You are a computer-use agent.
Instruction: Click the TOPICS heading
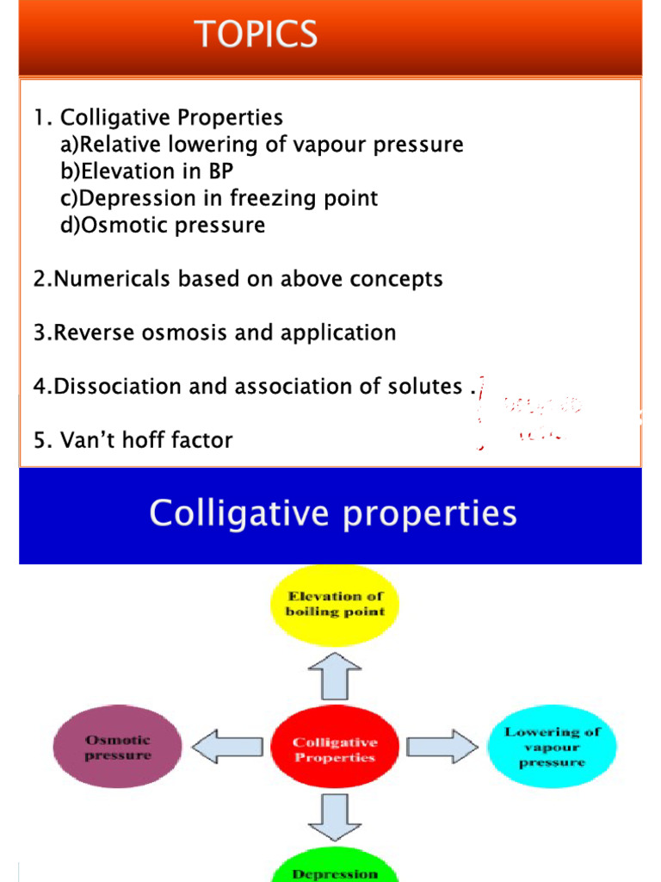[257, 34]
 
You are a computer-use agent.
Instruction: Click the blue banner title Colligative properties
[333, 514]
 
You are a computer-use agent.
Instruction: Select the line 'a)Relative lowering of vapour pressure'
[262, 145]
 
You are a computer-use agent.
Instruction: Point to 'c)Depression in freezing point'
[219, 198]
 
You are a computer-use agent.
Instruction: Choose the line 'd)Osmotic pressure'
[163, 226]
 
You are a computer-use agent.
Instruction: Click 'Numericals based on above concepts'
[238, 279]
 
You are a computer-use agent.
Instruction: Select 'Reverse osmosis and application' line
[215, 332]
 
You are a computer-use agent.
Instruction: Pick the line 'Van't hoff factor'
[133, 440]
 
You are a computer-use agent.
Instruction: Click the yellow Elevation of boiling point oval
[335, 604]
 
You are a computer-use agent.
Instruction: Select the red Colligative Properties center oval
[335, 749]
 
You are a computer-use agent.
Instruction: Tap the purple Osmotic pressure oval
[118, 748]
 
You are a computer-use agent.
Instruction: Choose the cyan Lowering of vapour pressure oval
[552, 746]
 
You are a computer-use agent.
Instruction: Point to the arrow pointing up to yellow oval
[335, 675]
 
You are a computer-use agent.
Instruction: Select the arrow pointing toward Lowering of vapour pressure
[442, 747]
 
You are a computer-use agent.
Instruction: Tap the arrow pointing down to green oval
[335, 817]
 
